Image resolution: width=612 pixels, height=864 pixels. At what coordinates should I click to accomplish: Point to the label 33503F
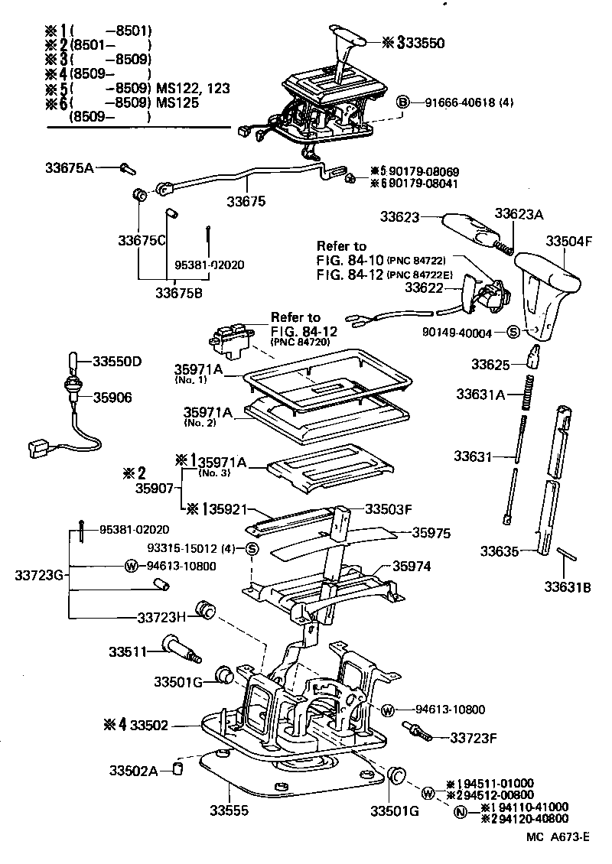[x=388, y=508]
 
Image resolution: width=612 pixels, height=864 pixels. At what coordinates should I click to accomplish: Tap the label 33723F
[x=475, y=738]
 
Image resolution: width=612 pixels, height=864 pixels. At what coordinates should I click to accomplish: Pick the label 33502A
[x=133, y=770]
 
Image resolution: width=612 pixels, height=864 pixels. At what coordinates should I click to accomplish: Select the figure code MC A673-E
[x=558, y=836]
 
